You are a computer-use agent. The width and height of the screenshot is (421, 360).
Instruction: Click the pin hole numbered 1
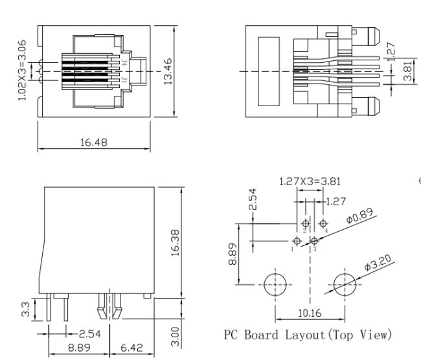click(298, 240)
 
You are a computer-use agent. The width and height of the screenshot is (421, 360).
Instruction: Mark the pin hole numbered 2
click(306, 223)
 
